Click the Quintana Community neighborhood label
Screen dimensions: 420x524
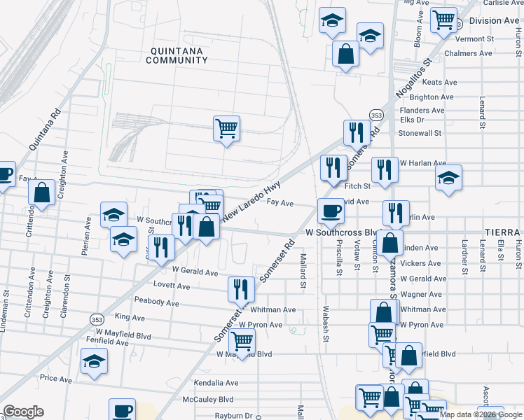[177, 55]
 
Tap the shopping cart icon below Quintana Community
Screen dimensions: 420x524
[226, 129]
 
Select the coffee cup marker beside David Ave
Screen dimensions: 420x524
[331, 210]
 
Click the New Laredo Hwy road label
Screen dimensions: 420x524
[251, 202]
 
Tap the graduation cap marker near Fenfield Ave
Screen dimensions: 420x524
[94, 362]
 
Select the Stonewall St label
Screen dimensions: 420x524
[420, 132]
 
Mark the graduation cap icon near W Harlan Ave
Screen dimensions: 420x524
[448, 178]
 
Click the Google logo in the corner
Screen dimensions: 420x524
[23, 412]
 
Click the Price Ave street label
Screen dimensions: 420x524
[56, 379]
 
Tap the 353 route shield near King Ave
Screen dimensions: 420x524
[97, 319]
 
